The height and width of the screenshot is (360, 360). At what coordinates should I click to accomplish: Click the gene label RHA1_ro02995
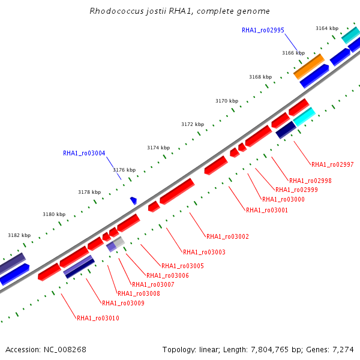tap(263, 30)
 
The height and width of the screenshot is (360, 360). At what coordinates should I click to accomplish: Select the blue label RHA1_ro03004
tap(84, 153)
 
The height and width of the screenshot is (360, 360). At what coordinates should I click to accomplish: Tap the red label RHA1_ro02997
tap(332, 164)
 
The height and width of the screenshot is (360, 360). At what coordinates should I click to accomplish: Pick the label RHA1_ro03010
tap(98, 318)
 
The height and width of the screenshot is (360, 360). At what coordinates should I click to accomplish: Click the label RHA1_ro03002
tap(227, 236)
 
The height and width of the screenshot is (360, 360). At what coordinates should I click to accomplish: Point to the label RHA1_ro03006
tap(167, 275)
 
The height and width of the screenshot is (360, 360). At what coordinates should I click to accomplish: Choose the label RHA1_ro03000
tap(283, 199)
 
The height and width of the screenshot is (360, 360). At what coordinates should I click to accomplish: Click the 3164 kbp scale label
tap(327, 28)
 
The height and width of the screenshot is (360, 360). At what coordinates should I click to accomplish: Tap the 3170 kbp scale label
tap(227, 101)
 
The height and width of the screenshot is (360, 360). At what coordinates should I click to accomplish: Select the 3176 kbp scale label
tap(124, 170)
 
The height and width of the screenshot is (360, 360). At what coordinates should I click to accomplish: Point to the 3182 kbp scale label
tap(19, 235)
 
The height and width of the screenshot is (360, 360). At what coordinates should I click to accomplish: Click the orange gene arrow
tap(308, 66)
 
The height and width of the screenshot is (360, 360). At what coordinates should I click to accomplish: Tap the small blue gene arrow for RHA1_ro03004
tap(134, 200)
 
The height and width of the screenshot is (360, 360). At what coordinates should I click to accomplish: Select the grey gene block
tap(119, 241)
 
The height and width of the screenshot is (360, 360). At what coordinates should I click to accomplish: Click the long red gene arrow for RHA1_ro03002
tap(176, 191)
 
